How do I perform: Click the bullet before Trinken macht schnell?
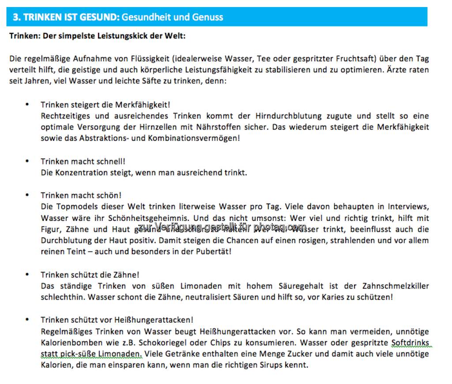tap(27, 161)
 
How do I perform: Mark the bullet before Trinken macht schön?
tap(27, 195)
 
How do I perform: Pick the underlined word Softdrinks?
tap(410, 343)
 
